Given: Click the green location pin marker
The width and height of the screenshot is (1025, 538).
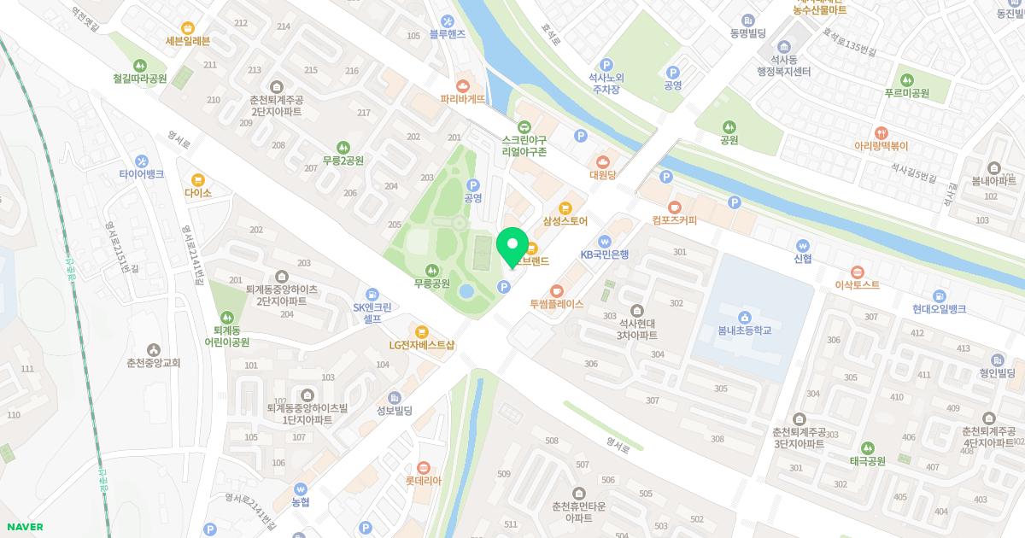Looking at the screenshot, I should [512, 245].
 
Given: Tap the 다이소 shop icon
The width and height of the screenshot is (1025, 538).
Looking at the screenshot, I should [198, 179].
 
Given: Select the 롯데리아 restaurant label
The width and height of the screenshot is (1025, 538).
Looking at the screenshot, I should [424, 480].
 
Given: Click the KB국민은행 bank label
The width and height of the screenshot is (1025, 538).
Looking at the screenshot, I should [605, 254].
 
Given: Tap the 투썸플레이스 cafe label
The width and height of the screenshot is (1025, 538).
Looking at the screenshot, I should [556, 304].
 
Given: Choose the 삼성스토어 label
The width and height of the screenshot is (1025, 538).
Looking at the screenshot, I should [565, 221].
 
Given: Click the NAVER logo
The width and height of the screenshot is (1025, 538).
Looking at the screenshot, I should [24, 527].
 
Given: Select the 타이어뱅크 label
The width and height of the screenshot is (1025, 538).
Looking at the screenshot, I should [142, 174].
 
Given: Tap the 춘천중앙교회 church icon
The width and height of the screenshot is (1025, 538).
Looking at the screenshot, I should [154, 349].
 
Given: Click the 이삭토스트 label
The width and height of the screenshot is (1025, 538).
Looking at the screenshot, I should [858, 284].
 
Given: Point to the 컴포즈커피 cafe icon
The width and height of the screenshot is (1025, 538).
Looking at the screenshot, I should [675, 206].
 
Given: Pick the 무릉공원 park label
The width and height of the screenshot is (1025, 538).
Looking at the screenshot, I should [431, 283].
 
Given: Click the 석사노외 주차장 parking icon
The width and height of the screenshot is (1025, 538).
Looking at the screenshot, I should [607, 64].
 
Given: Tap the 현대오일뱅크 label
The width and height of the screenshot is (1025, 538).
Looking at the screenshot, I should [939, 308].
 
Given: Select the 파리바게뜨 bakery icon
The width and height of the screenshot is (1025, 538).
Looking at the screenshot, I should [462, 85].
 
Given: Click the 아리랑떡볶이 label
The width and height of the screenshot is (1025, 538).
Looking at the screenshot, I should [881, 146].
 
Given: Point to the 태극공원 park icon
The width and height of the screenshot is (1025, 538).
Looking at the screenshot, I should [867, 447].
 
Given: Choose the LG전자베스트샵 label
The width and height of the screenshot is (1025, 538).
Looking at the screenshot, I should [422, 345].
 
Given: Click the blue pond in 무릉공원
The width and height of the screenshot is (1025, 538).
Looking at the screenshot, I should [466, 291].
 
